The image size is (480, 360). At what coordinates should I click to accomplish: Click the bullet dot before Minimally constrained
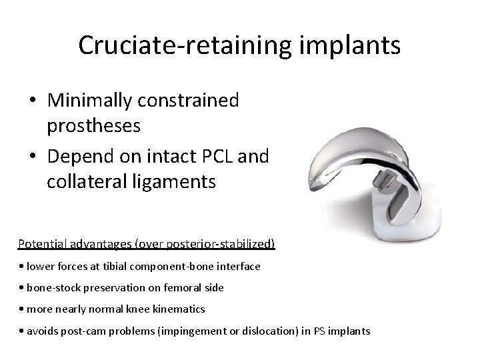(33, 101)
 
